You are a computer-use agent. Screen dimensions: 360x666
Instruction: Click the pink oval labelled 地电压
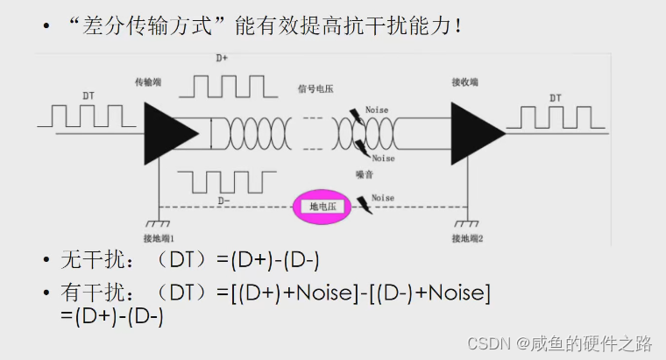point(325,207)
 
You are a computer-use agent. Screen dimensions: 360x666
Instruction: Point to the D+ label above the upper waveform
point(223,59)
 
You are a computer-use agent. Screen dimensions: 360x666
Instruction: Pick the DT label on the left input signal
point(89,95)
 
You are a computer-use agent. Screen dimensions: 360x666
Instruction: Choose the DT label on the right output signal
point(556,98)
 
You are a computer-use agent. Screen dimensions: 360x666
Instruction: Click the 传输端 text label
point(148,81)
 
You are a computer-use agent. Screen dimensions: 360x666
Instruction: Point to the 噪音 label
point(365,173)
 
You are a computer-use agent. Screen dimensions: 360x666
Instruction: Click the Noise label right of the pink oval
point(383,199)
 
